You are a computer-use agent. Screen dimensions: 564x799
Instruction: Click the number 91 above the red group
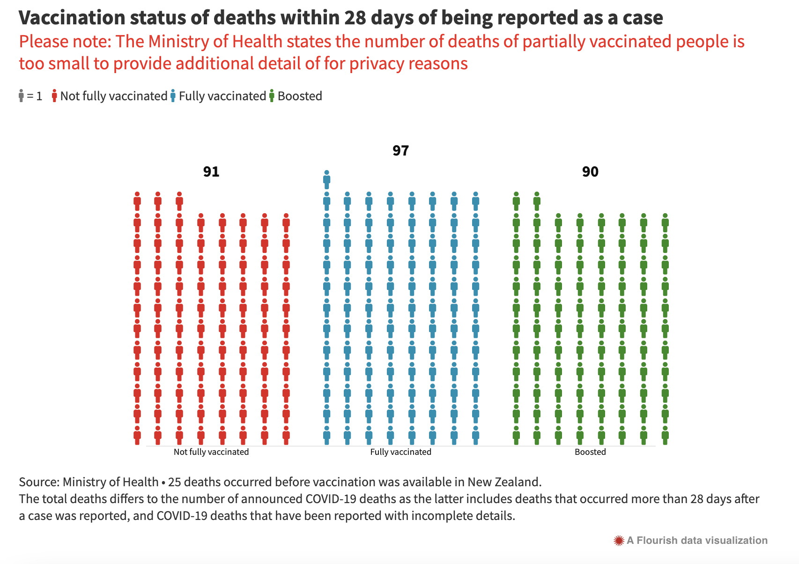tap(211, 172)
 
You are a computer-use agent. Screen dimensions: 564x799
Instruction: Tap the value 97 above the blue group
tap(400, 151)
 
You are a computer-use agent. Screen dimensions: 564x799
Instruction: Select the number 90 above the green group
tap(590, 172)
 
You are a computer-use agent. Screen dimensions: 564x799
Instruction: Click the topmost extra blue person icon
tap(326, 180)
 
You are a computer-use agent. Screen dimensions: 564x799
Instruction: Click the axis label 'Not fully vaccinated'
tap(211, 452)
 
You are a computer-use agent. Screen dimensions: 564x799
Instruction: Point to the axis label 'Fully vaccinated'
tap(400, 452)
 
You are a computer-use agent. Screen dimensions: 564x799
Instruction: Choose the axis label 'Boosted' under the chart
tap(590, 452)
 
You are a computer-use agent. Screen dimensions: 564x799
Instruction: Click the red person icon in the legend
tap(55, 96)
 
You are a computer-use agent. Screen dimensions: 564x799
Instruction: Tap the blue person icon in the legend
tap(173, 96)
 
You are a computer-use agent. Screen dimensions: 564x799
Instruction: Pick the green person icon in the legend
tap(272, 96)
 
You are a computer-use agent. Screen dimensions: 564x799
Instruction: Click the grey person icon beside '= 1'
tap(21, 96)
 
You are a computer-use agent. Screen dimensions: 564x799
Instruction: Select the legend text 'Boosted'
tap(300, 96)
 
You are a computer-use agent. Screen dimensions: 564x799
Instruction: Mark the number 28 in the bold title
tap(354, 18)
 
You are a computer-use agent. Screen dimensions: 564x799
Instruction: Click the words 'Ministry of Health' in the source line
tap(111, 482)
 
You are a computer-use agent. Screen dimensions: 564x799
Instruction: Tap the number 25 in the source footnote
tap(174, 482)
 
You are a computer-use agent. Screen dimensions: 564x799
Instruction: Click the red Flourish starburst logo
tap(619, 541)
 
